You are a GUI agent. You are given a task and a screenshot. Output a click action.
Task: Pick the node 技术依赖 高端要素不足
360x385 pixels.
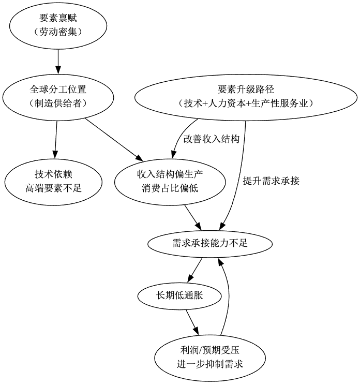(x=54, y=181)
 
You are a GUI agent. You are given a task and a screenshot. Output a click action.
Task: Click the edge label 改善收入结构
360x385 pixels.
(x=211, y=139)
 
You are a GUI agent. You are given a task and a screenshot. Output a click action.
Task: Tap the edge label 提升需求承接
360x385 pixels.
(x=271, y=181)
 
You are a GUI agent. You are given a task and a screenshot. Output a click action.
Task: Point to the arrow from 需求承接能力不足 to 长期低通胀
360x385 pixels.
(x=194, y=268)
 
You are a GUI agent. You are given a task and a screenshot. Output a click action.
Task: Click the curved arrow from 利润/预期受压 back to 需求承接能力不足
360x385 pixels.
(x=227, y=300)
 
